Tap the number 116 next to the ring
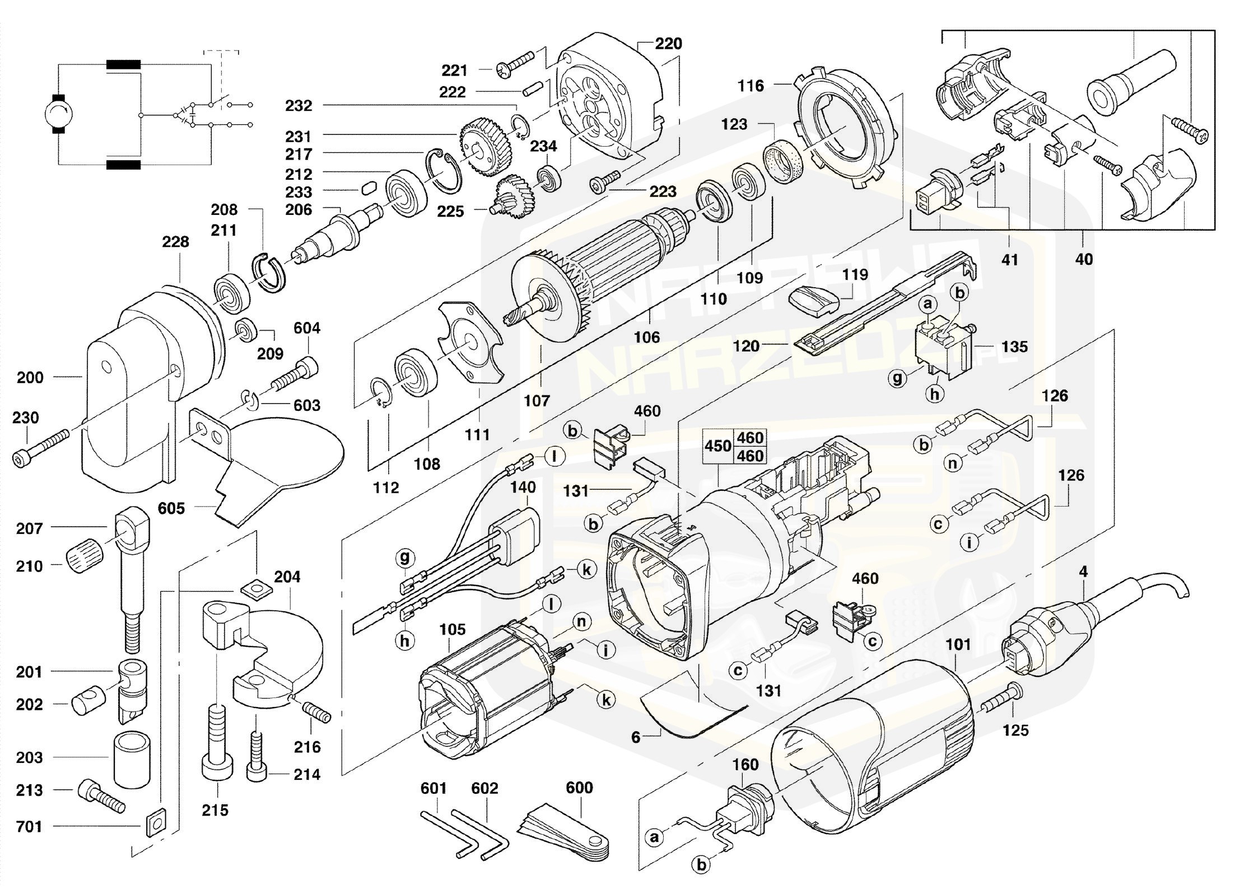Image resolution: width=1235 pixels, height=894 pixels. pos(751,86)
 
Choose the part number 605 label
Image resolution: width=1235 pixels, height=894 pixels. pos(171,508)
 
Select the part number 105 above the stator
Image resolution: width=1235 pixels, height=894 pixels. pos(452,630)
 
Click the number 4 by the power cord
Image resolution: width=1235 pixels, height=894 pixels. pos(1083,572)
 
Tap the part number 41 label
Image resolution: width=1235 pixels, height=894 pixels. pos(1009,260)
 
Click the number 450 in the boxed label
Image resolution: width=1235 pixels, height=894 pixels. pos(717,446)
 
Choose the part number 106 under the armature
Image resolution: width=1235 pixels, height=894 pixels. pos(646,338)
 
